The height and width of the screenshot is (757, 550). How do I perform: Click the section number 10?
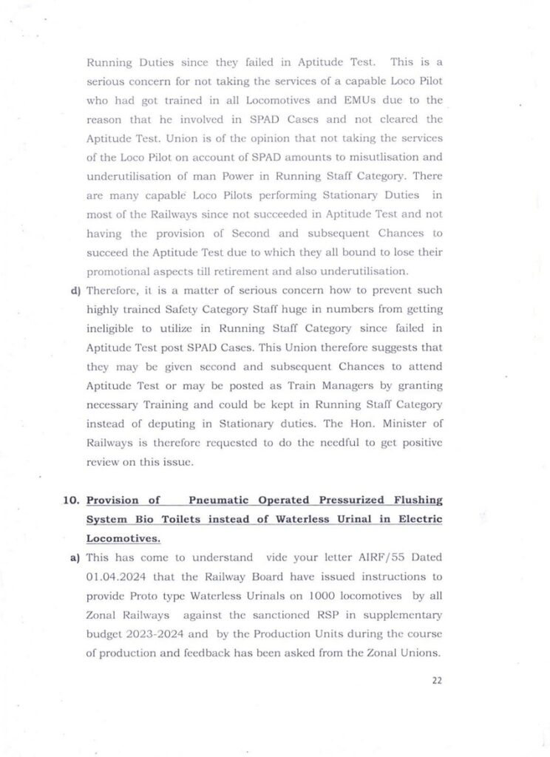pyautogui.click(x=71, y=500)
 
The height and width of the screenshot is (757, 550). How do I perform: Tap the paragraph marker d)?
pyautogui.click(x=75, y=291)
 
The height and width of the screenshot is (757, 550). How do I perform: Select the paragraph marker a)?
pyautogui.click(x=75, y=557)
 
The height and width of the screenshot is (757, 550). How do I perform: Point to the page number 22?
pyautogui.click(x=436, y=681)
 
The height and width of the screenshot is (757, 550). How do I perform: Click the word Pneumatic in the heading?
pyautogui.click(x=219, y=500)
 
